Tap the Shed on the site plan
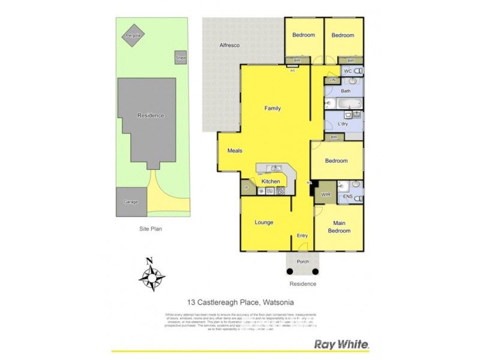click(x=180, y=58)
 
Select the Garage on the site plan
click(x=131, y=202)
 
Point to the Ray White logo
click(x=341, y=344)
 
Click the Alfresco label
click(x=229, y=46)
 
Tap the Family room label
click(x=273, y=109)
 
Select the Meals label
click(x=234, y=151)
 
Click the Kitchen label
click(x=271, y=181)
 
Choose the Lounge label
click(x=264, y=223)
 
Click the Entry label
click(x=302, y=236)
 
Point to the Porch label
click(x=303, y=262)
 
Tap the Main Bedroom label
click(x=339, y=227)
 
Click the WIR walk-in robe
click(x=326, y=195)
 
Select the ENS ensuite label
click(x=347, y=196)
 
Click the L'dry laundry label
click(x=343, y=124)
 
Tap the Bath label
click(x=345, y=91)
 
